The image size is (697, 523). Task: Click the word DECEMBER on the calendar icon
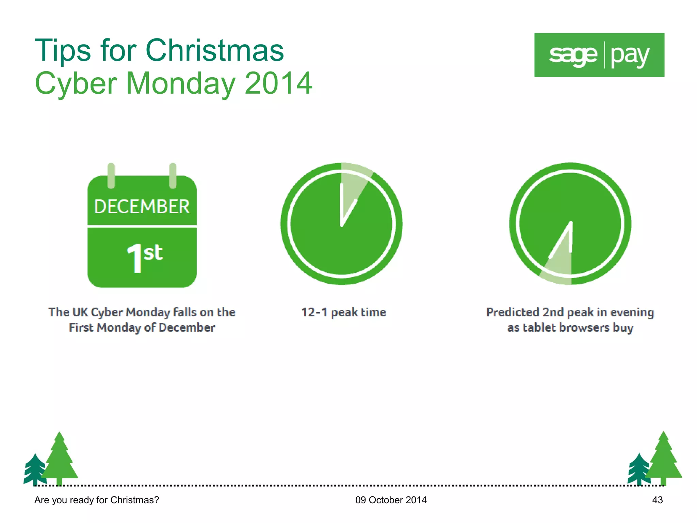click(x=142, y=207)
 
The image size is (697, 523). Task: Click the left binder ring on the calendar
click(x=111, y=176)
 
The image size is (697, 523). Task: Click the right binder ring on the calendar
click(x=173, y=176)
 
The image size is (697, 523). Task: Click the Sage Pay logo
click(x=599, y=55)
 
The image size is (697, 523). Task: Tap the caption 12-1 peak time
click(x=343, y=312)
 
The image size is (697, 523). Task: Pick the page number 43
click(x=657, y=500)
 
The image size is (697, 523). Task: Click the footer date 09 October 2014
click(x=391, y=500)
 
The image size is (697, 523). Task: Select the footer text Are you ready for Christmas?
click(x=97, y=500)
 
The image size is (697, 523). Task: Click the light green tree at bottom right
click(x=664, y=460)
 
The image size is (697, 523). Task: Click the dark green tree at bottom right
click(x=638, y=469)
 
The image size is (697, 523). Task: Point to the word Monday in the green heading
click(x=180, y=83)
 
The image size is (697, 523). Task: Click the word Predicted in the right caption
click(x=512, y=312)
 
